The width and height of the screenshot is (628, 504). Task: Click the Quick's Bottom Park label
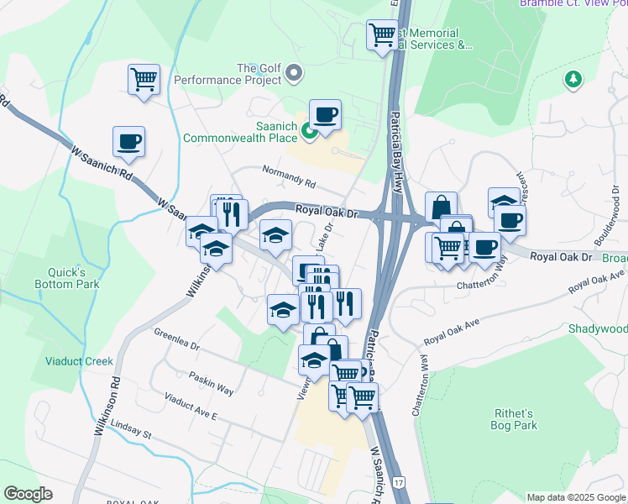pyautogui.click(x=74, y=277)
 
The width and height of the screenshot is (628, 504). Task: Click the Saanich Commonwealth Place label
pyautogui.click(x=240, y=132)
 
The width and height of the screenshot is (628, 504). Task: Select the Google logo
pyautogui.click(x=29, y=494)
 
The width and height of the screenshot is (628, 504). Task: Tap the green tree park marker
pyautogui.click(x=573, y=79)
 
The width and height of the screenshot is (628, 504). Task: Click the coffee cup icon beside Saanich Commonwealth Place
pyautogui.click(x=325, y=115)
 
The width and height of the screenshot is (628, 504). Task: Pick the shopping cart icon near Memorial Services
pyautogui.click(x=382, y=35)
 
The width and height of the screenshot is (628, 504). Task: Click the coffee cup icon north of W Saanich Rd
pyautogui.click(x=128, y=142)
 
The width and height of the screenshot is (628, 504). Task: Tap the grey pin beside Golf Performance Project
pyautogui.click(x=294, y=74)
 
